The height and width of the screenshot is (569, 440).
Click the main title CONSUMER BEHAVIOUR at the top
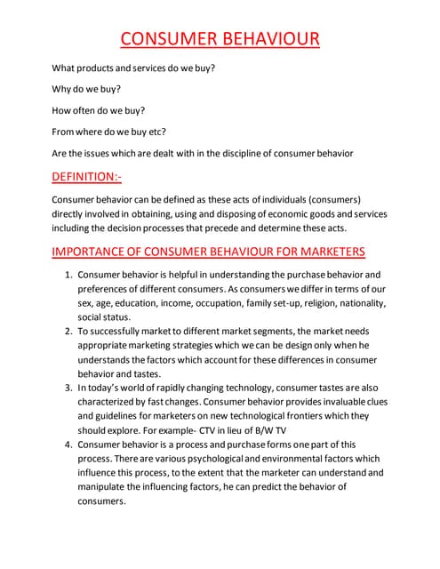[x=220, y=39]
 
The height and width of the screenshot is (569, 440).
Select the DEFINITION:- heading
[x=86, y=177]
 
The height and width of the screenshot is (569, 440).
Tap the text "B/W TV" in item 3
[x=300, y=430]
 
